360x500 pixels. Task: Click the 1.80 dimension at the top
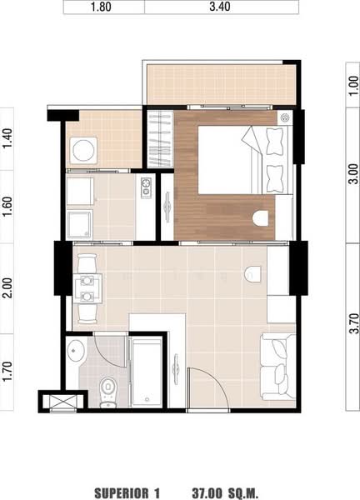[x=101, y=7]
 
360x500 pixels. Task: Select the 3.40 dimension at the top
[x=220, y=7]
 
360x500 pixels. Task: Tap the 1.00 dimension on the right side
[x=353, y=86]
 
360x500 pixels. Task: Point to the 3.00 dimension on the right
[x=353, y=174]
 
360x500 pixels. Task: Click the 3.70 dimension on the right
[x=353, y=323]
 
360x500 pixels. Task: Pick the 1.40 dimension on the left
[x=7, y=138]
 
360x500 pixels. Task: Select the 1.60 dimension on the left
[x=7, y=207]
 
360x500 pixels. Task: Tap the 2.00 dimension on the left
[x=7, y=288]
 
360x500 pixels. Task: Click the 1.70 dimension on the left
[x=7, y=371]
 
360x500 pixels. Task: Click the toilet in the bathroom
[x=108, y=392]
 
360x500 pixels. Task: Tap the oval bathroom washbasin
[x=76, y=351]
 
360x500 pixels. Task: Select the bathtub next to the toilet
[x=147, y=372]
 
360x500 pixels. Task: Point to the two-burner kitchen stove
[x=146, y=187]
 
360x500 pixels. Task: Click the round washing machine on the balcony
[x=83, y=151]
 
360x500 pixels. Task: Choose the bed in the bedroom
[x=245, y=160]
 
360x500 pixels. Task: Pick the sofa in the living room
[x=278, y=367]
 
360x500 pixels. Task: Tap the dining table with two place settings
[x=87, y=288]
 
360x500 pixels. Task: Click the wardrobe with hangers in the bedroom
[x=160, y=138]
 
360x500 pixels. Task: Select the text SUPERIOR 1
[x=127, y=493]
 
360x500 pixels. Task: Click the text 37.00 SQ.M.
[x=225, y=493]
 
